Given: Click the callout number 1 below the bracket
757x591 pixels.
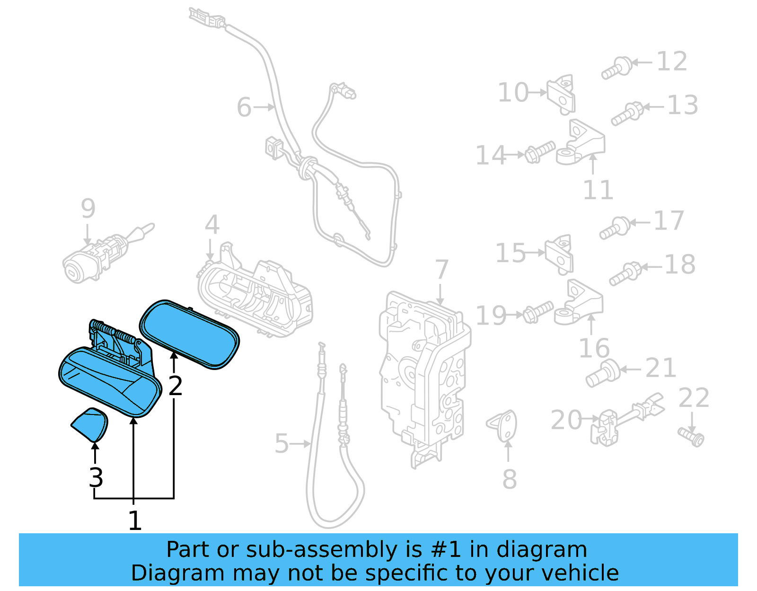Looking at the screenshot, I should [135, 521].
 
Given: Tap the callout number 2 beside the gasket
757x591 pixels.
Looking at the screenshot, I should [176, 386].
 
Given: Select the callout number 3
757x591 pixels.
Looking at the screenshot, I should [96, 477].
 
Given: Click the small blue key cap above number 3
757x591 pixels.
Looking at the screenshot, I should [90, 424].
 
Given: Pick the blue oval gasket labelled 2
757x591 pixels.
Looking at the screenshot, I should [190, 334].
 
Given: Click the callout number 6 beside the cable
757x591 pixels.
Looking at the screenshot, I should [244, 107].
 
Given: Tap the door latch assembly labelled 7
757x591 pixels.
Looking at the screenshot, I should [423, 374].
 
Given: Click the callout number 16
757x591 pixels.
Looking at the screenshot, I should [594, 349].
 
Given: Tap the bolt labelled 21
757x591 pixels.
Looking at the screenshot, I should [603, 374].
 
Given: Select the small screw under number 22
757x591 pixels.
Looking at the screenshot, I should [691, 436].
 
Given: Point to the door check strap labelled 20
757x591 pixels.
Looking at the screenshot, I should [625, 419].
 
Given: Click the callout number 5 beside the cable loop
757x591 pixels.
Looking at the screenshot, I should [282, 444].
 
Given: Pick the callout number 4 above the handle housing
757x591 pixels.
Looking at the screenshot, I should [212, 225].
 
